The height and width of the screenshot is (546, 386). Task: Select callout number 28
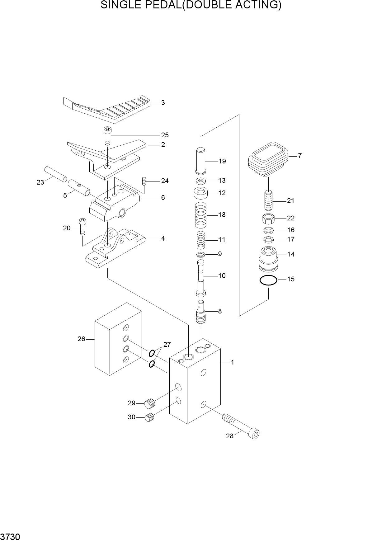(229, 436)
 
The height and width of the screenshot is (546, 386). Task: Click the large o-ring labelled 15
(268, 280)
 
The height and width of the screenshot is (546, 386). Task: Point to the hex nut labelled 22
(268, 219)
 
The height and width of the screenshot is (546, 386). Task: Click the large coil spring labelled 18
(200, 215)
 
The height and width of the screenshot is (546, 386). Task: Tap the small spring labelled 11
(201, 240)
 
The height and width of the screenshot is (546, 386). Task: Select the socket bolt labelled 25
(107, 136)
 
